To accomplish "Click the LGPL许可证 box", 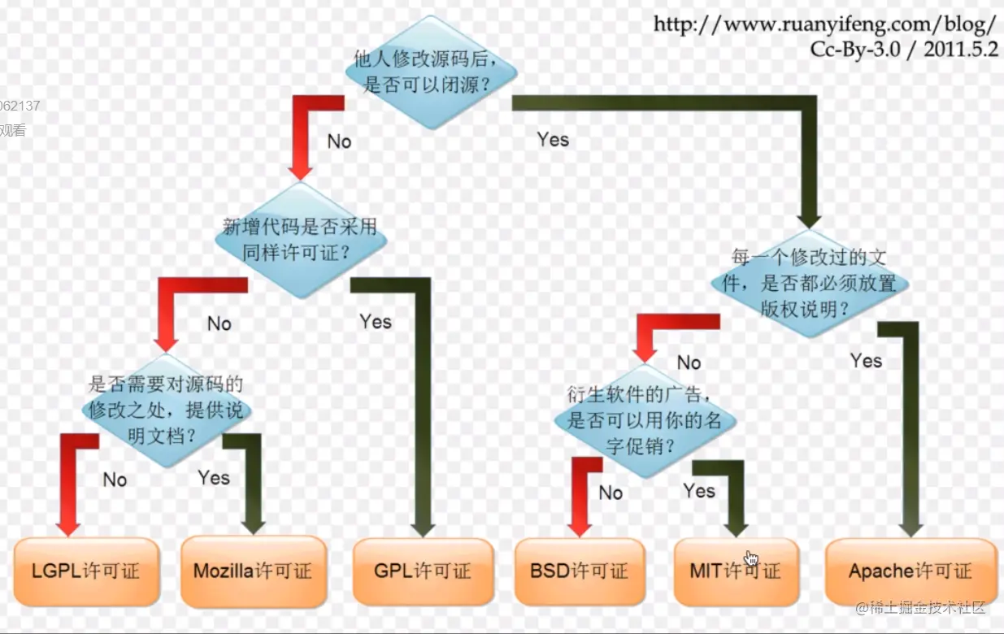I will click(x=86, y=571).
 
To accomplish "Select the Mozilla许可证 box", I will click(x=253, y=571).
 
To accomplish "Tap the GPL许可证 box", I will click(x=423, y=571).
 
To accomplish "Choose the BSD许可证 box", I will click(x=579, y=571).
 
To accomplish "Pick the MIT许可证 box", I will click(x=736, y=571).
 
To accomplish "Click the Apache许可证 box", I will click(x=911, y=571).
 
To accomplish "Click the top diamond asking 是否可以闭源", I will click(x=431, y=72).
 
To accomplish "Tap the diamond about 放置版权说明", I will click(x=809, y=283).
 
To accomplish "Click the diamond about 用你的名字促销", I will click(x=644, y=421).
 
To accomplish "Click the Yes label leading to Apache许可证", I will click(x=866, y=360).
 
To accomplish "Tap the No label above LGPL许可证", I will click(x=115, y=480).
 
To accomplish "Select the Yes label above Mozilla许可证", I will click(x=214, y=477).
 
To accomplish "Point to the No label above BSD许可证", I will click(x=611, y=493).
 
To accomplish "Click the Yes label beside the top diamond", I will click(x=553, y=140).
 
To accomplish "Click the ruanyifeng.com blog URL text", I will click(x=825, y=24).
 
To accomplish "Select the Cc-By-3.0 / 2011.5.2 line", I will click(x=903, y=49).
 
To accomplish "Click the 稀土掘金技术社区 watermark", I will click(x=920, y=607).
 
